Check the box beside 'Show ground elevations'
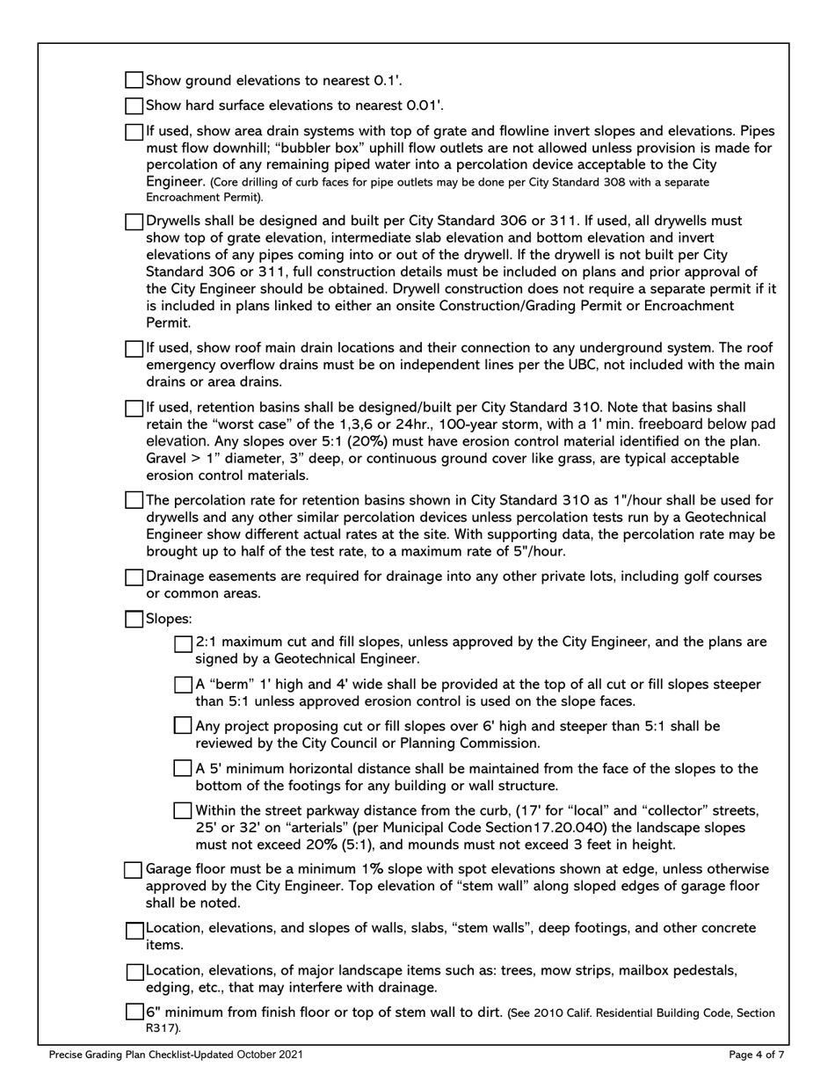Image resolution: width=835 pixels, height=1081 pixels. click(134, 81)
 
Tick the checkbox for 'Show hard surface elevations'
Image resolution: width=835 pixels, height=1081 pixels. click(134, 106)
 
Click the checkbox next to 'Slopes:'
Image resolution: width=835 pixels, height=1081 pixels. click(134, 619)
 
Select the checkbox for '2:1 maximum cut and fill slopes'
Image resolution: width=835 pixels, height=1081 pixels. click(183, 643)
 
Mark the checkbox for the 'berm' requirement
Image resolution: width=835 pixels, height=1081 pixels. click(183, 685)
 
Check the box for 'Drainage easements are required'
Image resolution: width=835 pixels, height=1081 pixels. click(134, 577)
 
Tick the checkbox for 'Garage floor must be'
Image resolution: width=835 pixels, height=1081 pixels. click(133, 870)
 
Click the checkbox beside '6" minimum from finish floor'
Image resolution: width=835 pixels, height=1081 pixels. click(134, 1012)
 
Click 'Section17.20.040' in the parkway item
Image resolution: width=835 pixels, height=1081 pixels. click(561, 828)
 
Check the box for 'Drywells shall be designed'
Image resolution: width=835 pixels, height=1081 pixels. click(134, 221)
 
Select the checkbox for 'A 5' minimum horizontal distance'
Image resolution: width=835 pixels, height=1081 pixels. click(183, 769)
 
